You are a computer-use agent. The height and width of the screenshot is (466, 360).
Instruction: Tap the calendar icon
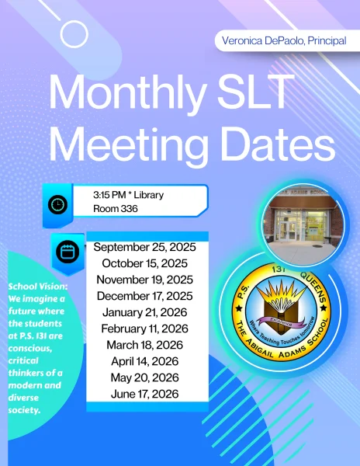pyautogui.click(x=67, y=252)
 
